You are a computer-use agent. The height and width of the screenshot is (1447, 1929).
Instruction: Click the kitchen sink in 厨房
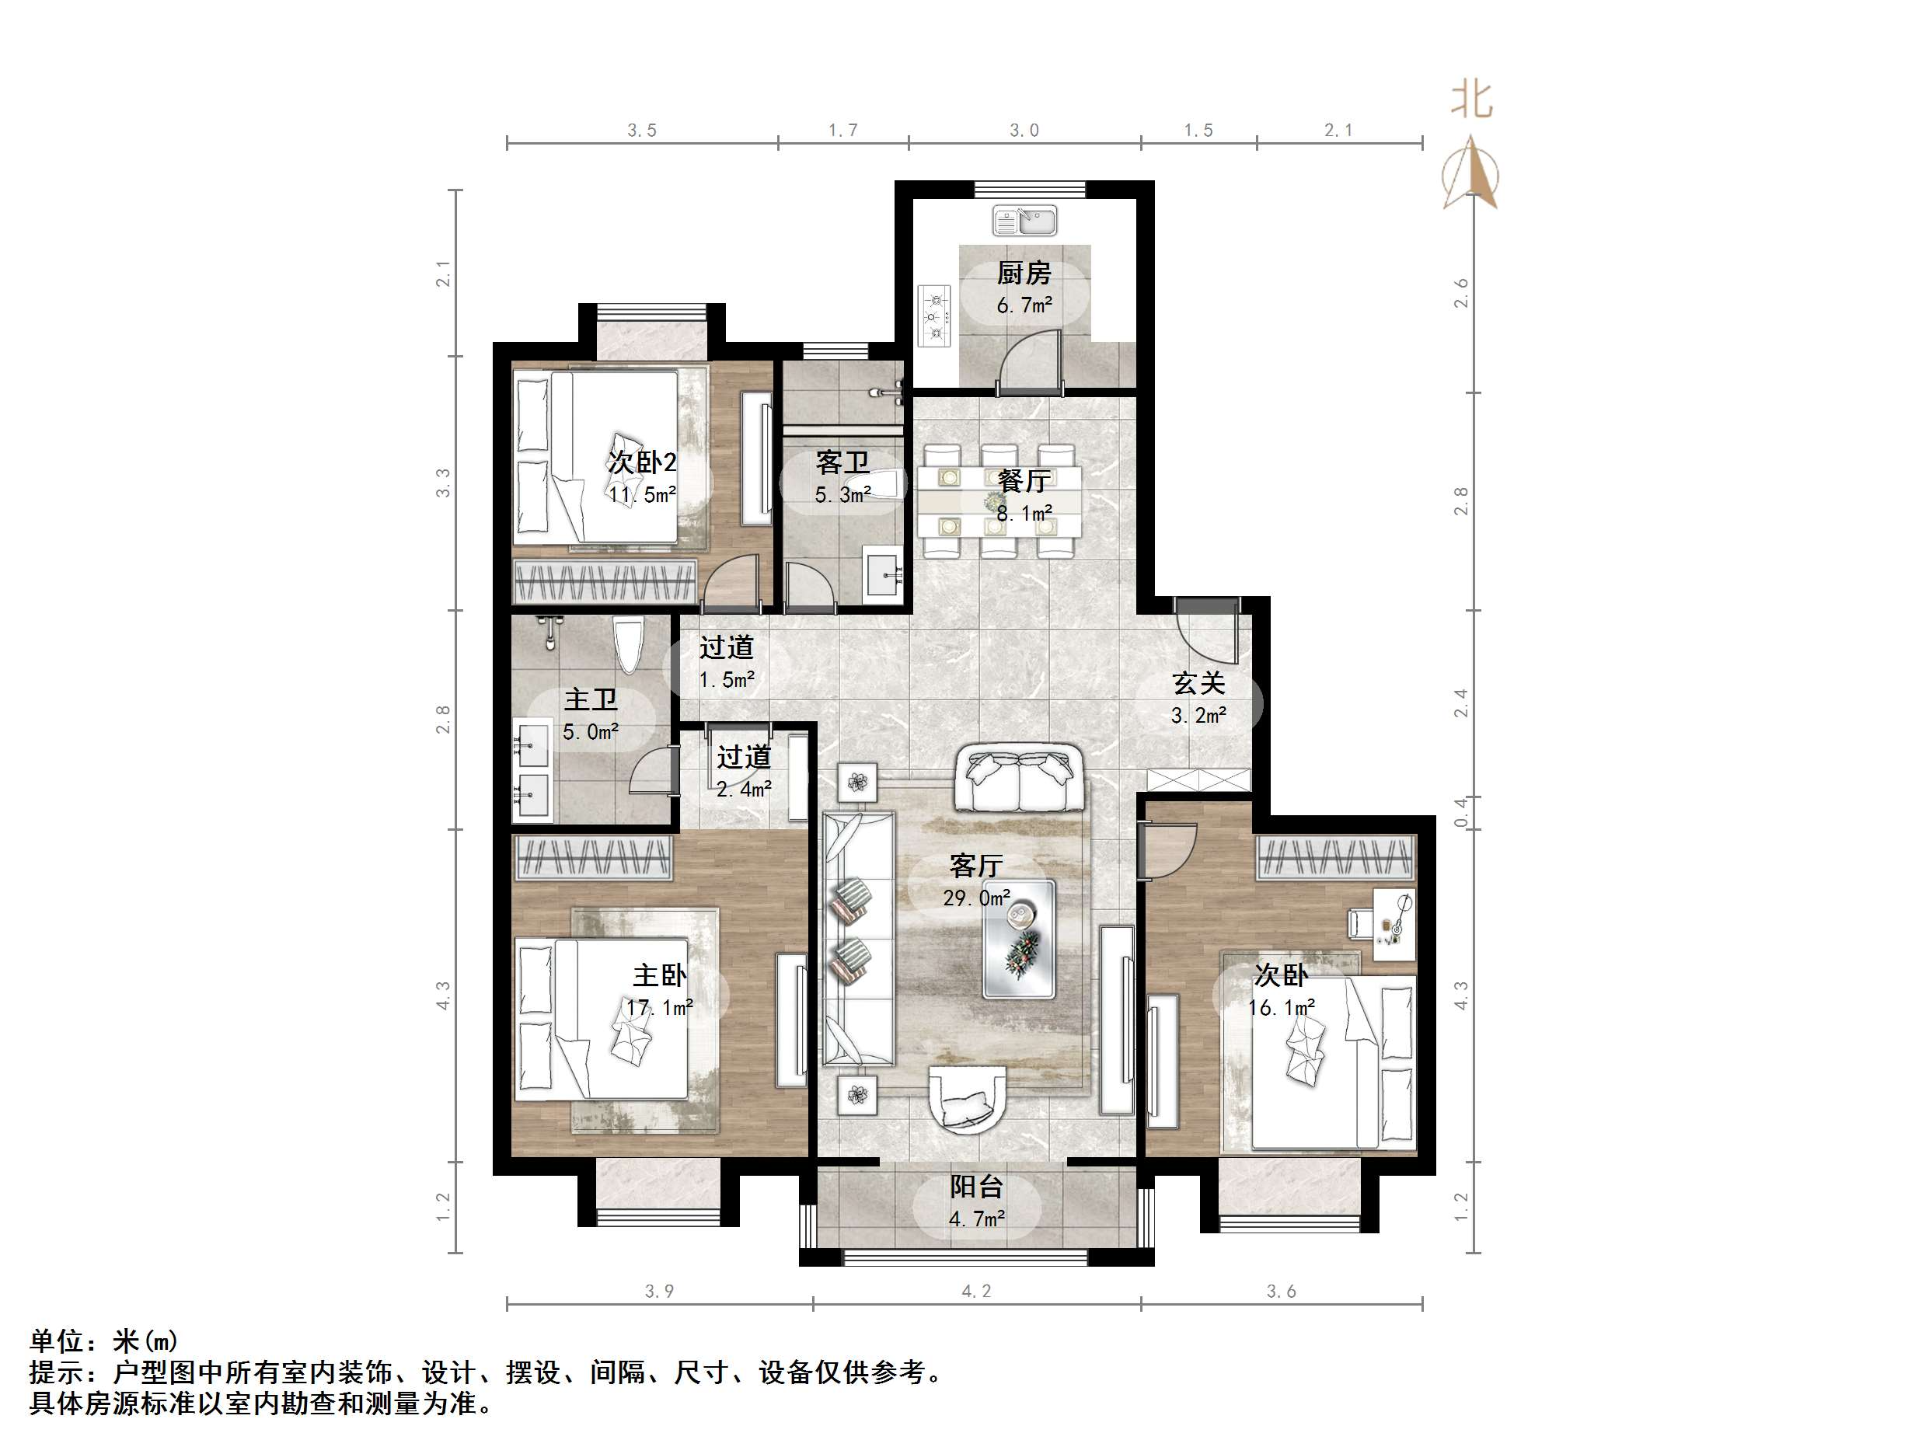pos(1024,221)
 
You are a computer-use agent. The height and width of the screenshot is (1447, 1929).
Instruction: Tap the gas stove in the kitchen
pos(935,316)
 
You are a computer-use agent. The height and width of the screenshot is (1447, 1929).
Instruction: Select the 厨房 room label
pos(1024,273)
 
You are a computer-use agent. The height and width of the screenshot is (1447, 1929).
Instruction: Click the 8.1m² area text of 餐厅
pos(1024,514)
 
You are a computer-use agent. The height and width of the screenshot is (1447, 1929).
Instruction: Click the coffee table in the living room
pos(1019,940)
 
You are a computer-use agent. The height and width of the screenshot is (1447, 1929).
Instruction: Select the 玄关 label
pos(1198,683)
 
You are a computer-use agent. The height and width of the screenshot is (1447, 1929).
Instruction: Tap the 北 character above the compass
pos(1472,99)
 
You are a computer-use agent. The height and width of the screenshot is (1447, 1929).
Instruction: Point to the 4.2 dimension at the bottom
pos(976,1291)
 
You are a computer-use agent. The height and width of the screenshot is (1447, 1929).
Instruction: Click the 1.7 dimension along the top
pos(842,131)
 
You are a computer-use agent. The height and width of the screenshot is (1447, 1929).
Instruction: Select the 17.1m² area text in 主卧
pos(659,1007)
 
